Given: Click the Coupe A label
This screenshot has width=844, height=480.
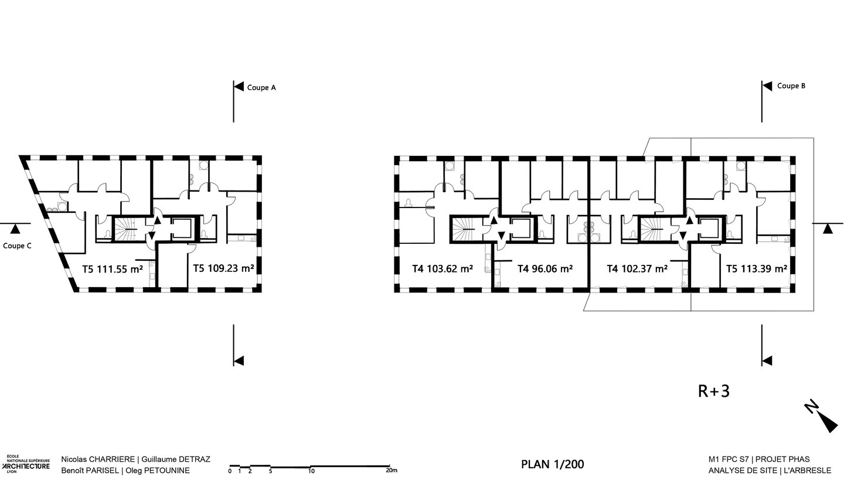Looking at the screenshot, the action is [261, 87].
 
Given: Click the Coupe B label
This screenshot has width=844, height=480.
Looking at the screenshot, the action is [791, 86].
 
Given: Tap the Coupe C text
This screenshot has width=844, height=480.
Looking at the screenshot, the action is [18, 246].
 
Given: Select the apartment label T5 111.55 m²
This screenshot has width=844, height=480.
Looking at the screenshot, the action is [113, 269].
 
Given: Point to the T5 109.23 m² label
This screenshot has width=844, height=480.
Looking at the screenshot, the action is [223, 268].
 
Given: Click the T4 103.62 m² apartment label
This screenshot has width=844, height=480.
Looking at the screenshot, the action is [443, 268].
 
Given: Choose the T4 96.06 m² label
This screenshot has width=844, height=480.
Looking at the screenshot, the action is [545, 268].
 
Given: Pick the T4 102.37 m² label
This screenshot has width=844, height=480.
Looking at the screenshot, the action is [638, 268].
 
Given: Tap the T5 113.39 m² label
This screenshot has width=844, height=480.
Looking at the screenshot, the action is [757, 268].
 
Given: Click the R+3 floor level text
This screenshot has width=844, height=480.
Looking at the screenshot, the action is [714, 392].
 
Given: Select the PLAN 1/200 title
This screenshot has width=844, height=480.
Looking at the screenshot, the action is [553, 464].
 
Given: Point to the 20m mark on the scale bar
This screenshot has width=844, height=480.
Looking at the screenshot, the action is [392, 470].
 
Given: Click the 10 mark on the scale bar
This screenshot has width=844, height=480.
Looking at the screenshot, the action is [311, 471].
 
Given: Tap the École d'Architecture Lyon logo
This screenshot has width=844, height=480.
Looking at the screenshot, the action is [26, 464].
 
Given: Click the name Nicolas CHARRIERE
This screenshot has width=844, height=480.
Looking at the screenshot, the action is [98, 459].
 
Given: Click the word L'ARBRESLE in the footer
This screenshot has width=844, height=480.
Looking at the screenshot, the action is [808, 471].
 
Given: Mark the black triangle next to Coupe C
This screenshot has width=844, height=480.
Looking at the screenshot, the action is [14, 229].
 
